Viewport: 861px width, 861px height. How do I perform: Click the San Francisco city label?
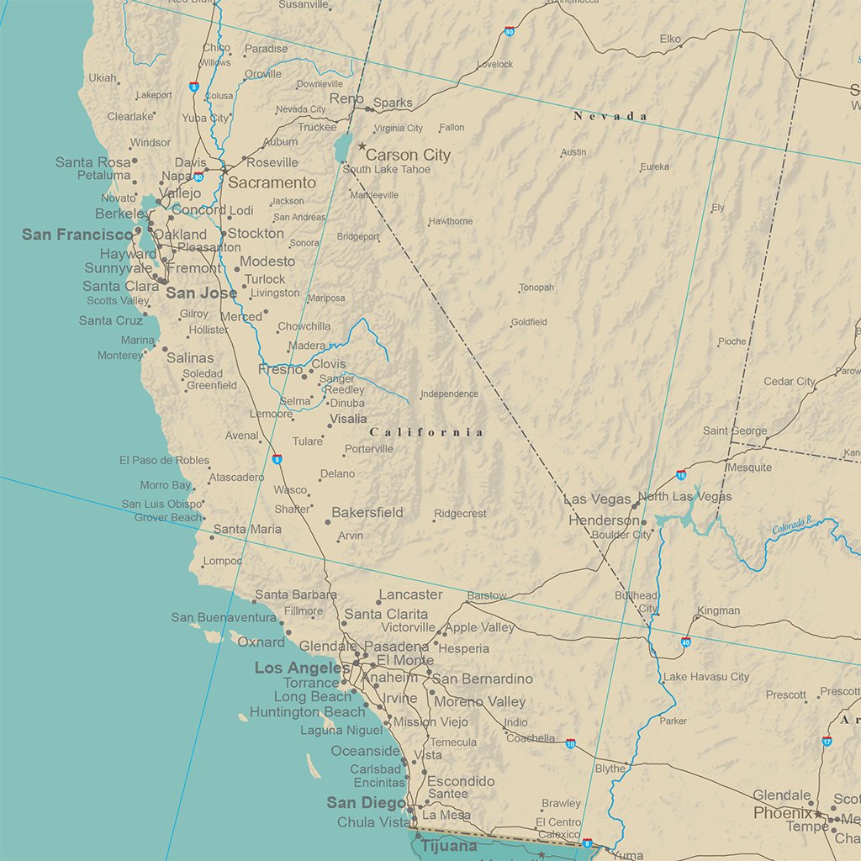(77, 235)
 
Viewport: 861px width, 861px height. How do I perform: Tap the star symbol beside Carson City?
(362, 146)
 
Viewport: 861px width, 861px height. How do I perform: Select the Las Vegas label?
(597, 499)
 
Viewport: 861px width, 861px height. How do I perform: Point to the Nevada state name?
(610, 116)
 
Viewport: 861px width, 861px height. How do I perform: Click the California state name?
(427, 432)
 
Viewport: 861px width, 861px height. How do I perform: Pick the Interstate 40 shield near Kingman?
(686, 642)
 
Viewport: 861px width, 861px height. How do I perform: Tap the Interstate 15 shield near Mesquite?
(681, 475)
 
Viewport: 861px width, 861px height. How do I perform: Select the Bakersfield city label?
(367, 512)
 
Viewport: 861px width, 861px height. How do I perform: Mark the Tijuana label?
(449, 846)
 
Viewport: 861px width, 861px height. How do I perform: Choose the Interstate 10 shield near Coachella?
(570, 744)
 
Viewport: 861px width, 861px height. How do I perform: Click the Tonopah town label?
(536, 288)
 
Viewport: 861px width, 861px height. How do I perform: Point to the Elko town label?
(670, 39)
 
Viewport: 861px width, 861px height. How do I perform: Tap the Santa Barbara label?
(295, 594)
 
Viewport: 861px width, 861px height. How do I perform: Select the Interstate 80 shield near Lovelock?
(510, 31)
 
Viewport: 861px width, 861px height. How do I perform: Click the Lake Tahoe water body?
(341, 149)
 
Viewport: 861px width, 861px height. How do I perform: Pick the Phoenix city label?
(783, 813)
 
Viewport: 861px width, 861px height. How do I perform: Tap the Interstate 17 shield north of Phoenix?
(827, 741)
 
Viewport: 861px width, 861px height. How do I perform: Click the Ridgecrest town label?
(460, 514)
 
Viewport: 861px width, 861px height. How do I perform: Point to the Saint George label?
(735, 430)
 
